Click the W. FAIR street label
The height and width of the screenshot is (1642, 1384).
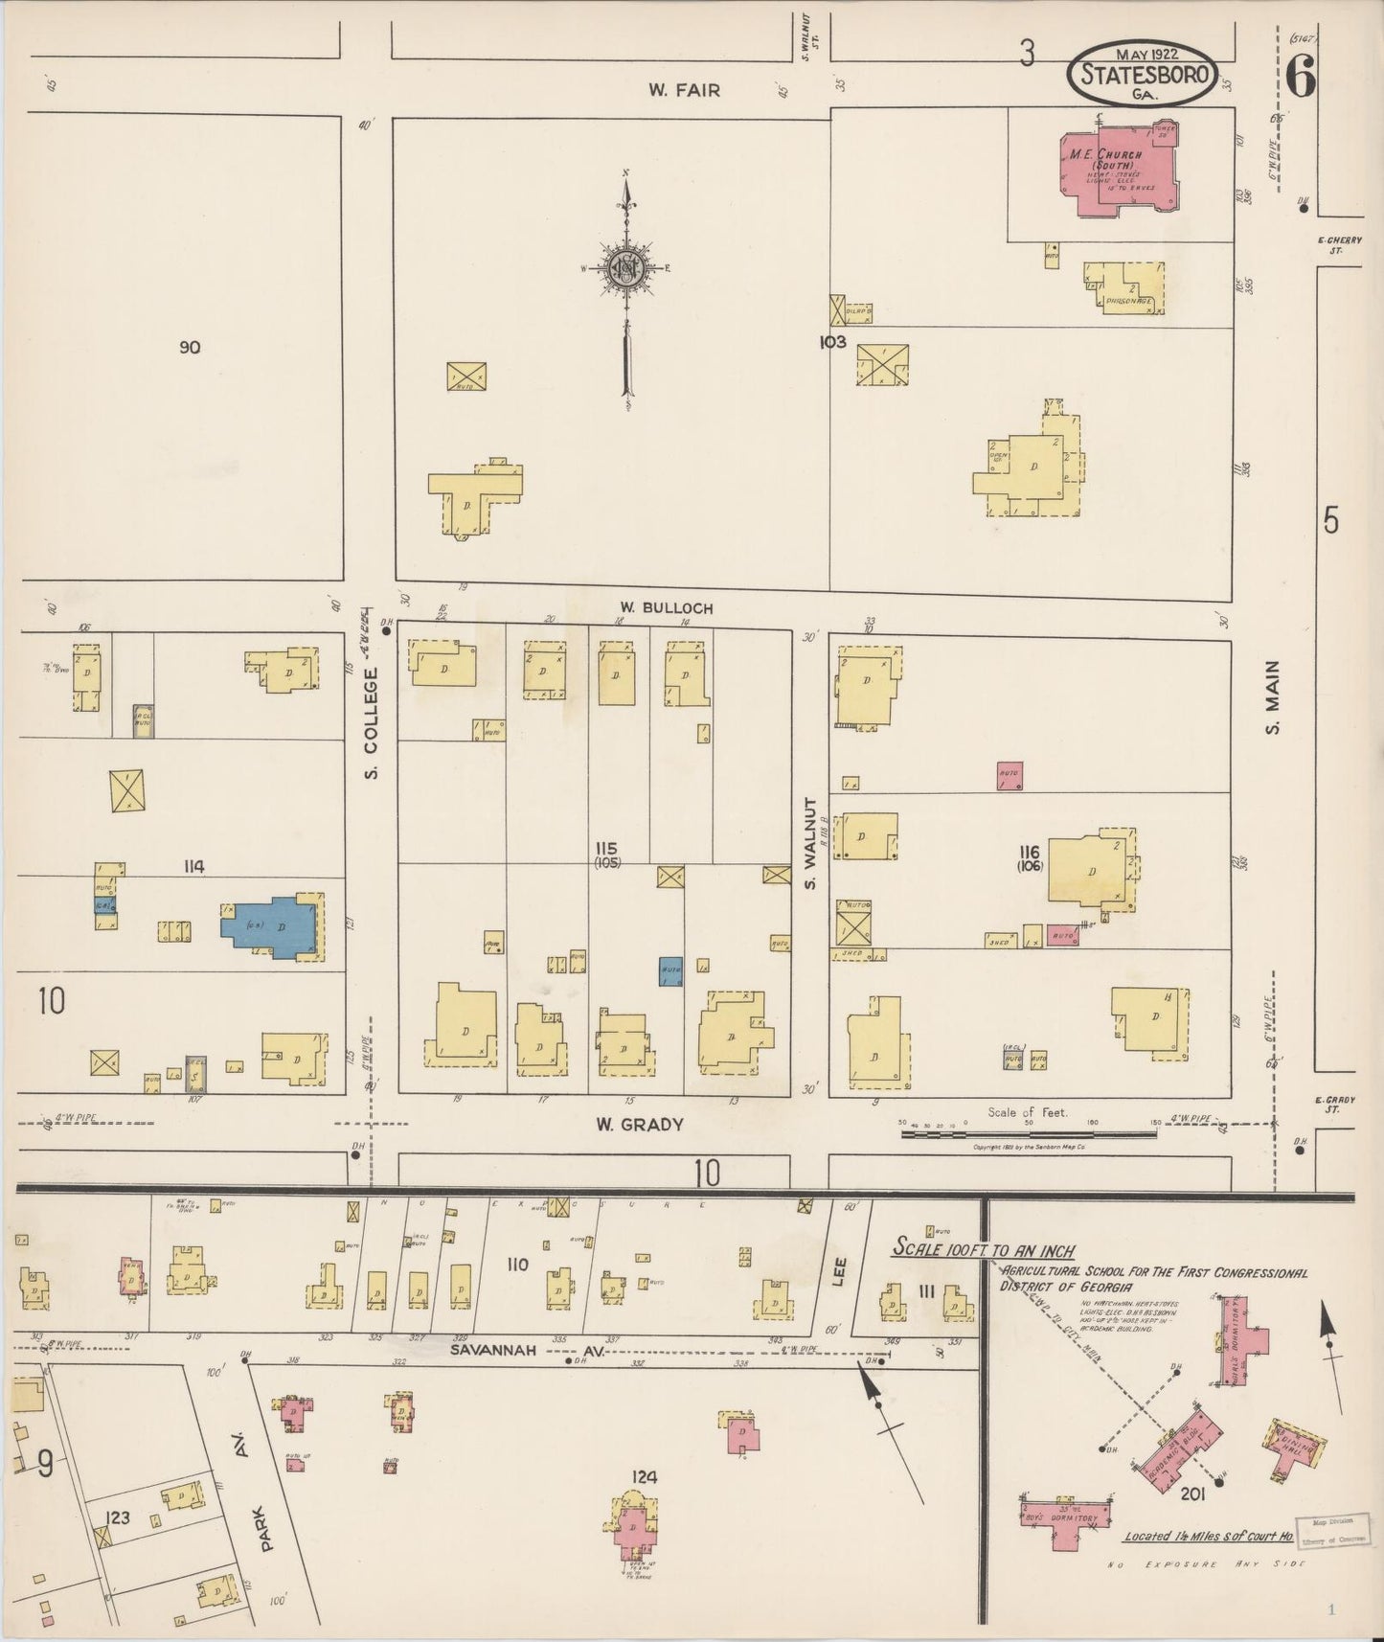[684, 90]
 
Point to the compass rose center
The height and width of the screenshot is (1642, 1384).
[625, 267]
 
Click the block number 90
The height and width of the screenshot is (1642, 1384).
[190, 347]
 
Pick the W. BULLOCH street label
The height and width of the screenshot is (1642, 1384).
[652, 608]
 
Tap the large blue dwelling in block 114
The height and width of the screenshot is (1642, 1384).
[272, 927]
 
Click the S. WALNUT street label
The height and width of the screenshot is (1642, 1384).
[810, 843]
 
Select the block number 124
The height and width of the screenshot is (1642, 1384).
[645, 1476]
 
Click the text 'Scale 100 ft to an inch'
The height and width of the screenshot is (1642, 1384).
[983, 1250]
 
